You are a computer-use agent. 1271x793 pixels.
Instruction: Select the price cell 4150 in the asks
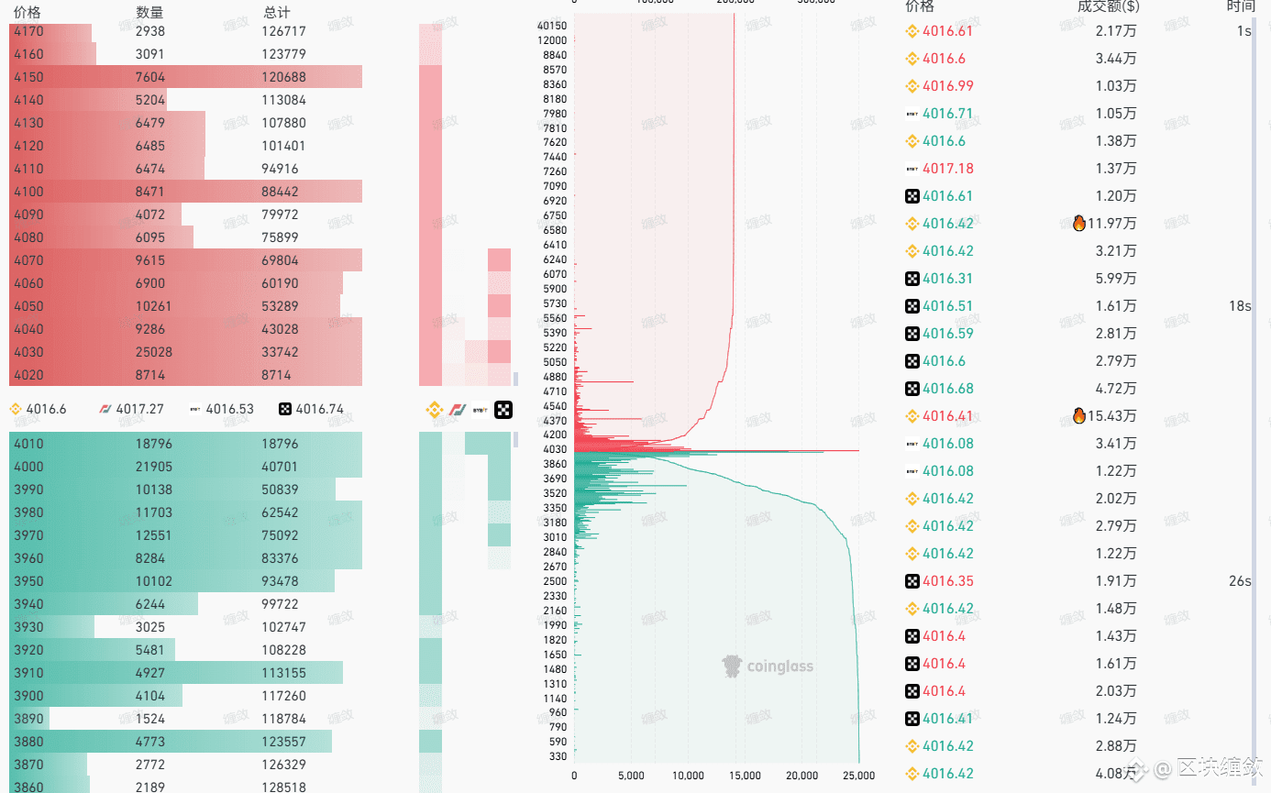tap(28, 77)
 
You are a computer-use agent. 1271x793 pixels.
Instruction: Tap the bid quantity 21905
tap(153, 467)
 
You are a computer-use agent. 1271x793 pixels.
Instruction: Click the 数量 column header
tap(149, 12)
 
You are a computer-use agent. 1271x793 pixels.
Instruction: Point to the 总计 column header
tap(276, 12)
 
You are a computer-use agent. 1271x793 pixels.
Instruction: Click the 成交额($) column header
tap(1108, 6)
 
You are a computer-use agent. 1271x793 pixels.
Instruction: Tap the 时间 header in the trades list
tap(1240, 6)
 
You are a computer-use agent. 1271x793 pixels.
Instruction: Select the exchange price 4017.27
tap(139, 409)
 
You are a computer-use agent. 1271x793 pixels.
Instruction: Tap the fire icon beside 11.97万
tap(1079, 224)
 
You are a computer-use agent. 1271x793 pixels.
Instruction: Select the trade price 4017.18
tap(947, 169)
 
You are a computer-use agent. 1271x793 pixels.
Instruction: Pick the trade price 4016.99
tap(947, 86)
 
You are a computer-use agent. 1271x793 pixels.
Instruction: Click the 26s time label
tap(1240, 581)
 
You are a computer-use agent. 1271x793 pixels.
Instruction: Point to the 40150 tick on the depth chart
tap(552, 26)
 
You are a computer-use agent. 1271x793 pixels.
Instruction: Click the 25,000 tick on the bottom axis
tap(858, 776)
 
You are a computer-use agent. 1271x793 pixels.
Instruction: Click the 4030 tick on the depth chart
tap(555, 449)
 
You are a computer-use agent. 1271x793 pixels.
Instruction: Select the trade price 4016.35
tap(947, 581)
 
